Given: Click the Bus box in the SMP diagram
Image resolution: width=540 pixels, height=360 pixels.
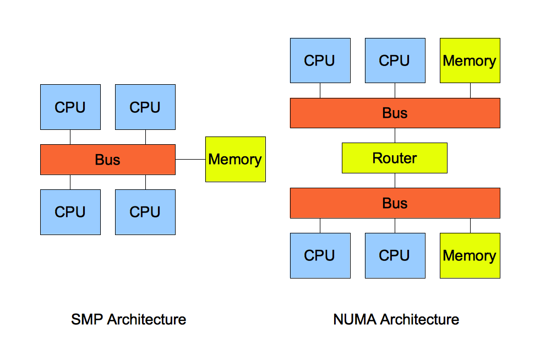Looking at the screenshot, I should point(108,160).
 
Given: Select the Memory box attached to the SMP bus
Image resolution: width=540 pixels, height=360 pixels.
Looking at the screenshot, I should point(236,160).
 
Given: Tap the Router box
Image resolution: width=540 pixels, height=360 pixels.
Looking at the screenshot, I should point(395,158).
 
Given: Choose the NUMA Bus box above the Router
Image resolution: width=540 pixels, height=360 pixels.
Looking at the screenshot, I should point(395,113).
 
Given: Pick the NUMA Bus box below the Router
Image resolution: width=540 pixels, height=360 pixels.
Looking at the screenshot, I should point(395,203).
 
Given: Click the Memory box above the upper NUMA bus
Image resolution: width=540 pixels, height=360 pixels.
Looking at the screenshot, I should point(470,61).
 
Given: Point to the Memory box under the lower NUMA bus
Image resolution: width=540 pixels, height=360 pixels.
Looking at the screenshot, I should point(470,255).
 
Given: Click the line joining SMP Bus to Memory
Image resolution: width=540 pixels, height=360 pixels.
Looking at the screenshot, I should point(190,160).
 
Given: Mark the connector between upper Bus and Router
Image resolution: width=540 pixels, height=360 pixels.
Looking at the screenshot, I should point(395,135).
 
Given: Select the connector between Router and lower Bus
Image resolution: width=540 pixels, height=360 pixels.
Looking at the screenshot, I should point(395,181).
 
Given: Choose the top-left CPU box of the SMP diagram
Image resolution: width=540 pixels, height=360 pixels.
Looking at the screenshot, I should point(70,107).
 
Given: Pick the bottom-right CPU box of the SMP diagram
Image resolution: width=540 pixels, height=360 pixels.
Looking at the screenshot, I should point(145,212).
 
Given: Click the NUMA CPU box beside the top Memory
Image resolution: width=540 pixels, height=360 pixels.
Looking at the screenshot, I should point(395,61).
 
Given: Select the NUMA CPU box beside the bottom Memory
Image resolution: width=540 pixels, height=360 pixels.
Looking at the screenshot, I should point(395,255).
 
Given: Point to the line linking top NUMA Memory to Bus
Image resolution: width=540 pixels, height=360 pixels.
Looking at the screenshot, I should point(470,90).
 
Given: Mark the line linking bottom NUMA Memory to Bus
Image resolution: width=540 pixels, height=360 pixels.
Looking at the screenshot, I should point(470,226).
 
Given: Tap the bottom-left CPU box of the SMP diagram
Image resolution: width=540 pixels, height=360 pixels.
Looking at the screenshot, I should point(70,212).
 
